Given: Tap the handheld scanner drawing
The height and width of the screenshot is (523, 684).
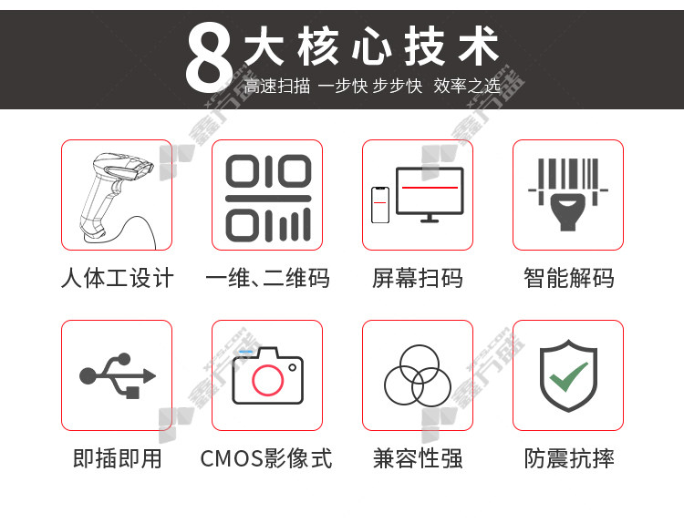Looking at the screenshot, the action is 117,199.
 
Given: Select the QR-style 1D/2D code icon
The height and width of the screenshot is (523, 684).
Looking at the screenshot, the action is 268,198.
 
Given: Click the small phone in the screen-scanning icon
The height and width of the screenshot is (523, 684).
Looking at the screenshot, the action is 380,205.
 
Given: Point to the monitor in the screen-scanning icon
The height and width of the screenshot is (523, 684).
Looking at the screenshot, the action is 430,194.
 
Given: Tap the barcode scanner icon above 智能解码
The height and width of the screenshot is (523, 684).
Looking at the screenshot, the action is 568,194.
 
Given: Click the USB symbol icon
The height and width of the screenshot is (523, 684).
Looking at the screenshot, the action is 118,375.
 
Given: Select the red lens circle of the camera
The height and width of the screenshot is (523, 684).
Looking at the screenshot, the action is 268,380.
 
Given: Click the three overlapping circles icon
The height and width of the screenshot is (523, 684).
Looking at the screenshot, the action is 418,375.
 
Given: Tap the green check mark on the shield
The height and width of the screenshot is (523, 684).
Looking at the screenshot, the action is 568,376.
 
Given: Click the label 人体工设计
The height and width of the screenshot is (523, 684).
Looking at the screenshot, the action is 118,278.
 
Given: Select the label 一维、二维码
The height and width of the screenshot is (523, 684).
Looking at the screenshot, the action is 267,278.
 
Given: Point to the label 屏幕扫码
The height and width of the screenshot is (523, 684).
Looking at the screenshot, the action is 418,278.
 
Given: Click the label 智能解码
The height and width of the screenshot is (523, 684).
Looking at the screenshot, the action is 569,278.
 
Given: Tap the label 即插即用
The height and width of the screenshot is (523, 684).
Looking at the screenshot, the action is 118,458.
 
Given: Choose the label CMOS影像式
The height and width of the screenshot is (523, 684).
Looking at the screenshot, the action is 266,458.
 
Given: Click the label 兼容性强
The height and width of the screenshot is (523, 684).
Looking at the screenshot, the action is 418,458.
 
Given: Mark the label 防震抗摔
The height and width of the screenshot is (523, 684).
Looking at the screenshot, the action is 569,458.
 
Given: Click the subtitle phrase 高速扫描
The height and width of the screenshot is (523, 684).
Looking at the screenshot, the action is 277,86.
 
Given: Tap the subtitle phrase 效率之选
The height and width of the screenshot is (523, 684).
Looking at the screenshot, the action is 467,86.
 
